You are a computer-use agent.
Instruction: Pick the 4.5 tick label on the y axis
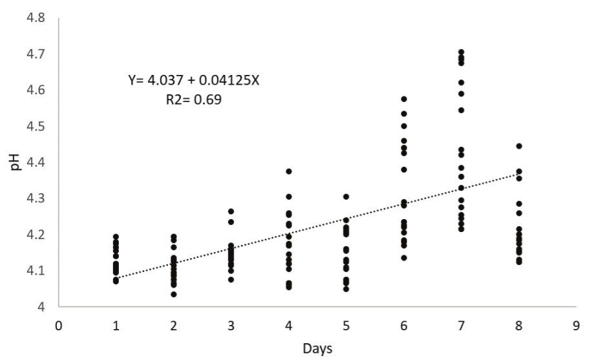click(x=36, y=126)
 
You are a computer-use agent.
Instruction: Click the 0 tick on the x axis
click(x=59, y=325)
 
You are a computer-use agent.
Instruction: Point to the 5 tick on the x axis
click(x=346, y=325)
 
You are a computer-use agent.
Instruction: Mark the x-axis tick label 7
click(x=461, y=325)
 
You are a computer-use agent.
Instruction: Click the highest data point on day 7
click(x=461, y=52)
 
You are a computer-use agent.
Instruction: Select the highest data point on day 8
click(x=519, y=146)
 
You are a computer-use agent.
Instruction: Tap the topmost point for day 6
click(x=404, y=99)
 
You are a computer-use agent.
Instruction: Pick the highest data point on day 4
click(x=289, y=171)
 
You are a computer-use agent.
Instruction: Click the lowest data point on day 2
click(x=174, y=294)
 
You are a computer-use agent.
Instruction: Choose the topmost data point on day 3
click(x=231, y=211)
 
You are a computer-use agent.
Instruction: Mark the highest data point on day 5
click(x=346, y=196)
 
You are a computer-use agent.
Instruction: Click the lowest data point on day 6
click(x=404, y=257)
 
